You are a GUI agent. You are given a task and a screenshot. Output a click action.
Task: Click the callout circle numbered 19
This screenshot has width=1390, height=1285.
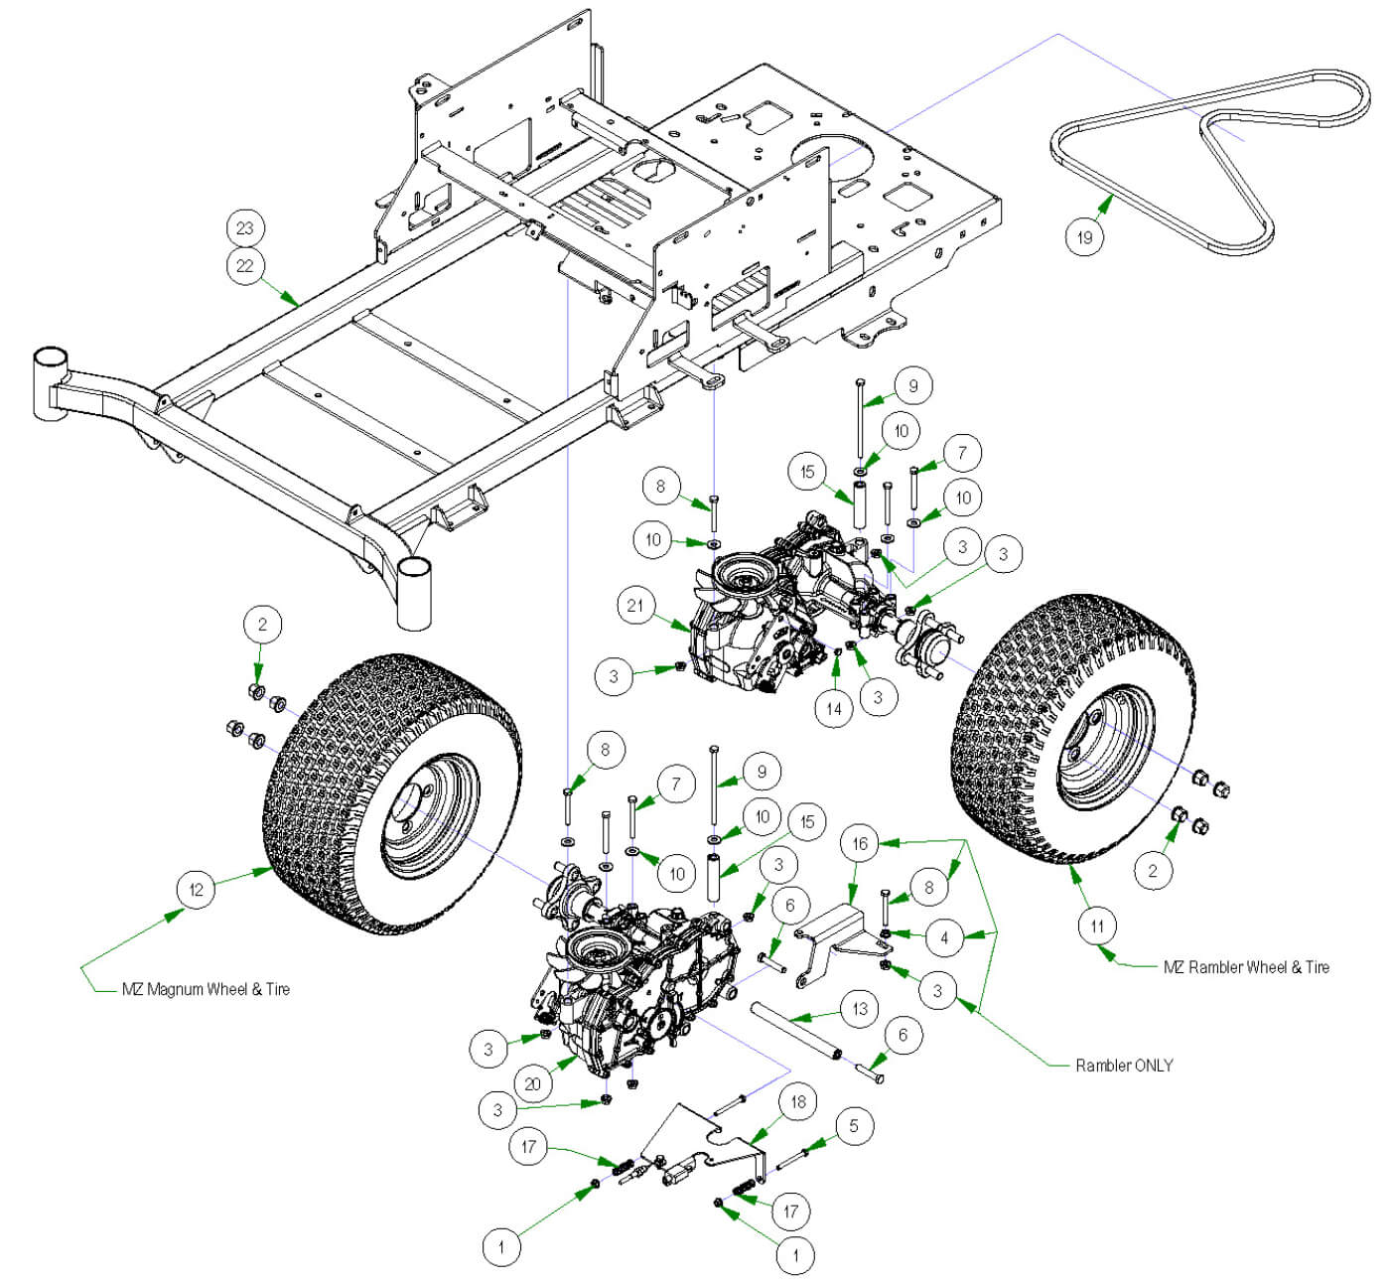pos(1084,236)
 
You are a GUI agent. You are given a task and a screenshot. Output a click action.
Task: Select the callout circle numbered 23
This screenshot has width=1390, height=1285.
pos(244,227)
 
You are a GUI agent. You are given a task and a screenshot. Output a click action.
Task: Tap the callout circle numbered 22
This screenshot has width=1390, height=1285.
pos(244,265)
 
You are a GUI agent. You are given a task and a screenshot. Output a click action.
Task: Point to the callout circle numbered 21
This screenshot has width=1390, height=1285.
pos(635,606)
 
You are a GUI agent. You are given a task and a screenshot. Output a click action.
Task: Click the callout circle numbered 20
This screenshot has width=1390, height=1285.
pos(533,1082)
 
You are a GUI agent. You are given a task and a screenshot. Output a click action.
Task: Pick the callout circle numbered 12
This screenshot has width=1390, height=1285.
pos(196,889)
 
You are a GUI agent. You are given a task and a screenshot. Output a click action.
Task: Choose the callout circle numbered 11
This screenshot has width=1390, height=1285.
pos(1097,927)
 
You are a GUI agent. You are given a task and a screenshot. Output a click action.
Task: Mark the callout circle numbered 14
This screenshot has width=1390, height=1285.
pos(834,708)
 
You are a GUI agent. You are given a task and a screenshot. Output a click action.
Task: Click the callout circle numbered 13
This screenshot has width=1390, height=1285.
pos(860,1008)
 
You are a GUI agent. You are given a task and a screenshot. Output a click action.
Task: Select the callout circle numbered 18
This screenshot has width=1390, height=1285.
pos(797,1101)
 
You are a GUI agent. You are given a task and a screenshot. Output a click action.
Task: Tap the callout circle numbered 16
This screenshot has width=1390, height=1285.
pos(860,844)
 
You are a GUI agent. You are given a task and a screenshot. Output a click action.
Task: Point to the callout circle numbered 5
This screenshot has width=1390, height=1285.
pos(853,1125)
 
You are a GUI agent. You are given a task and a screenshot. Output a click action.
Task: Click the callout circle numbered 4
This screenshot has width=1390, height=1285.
pos(944,936)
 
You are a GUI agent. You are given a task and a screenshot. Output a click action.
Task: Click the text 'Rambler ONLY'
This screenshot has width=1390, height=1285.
pos(1124,1066)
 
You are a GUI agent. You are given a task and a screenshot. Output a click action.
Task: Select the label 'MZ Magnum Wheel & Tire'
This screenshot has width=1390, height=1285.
pos(206,989)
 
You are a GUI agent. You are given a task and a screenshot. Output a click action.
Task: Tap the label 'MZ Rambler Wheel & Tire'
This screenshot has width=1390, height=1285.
pos(1246,966)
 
